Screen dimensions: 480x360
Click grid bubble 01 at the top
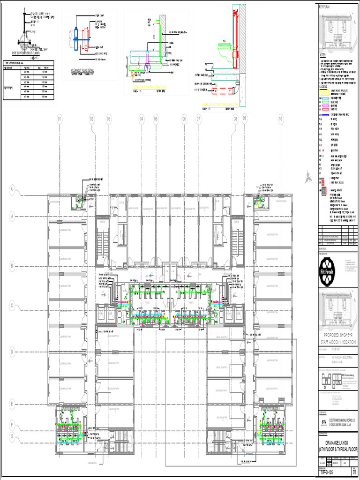60,119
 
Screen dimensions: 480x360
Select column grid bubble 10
280,119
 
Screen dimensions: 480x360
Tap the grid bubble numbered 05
156,119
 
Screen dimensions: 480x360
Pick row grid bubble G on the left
12,436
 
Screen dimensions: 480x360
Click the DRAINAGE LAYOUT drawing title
337,443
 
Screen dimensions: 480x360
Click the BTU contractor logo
323,422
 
